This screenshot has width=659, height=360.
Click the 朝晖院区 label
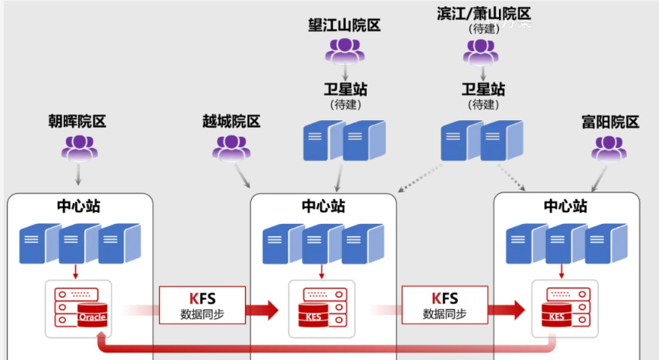coord(78,121)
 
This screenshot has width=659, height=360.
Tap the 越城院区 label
coord(231,121)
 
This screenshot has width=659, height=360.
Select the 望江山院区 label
coord(344,26)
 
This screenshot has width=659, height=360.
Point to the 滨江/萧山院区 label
coord(483,14)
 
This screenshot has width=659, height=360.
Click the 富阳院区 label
coord(610,121)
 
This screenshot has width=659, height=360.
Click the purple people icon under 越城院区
coord(231,148)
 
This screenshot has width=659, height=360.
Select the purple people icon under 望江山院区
coord(344,50)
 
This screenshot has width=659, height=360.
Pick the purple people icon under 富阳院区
coord(609,148)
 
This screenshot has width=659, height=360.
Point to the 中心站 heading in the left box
coord(79,206)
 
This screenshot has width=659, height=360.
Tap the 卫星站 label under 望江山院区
coord(344,89)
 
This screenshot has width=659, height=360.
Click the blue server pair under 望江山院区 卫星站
coord(344,140)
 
